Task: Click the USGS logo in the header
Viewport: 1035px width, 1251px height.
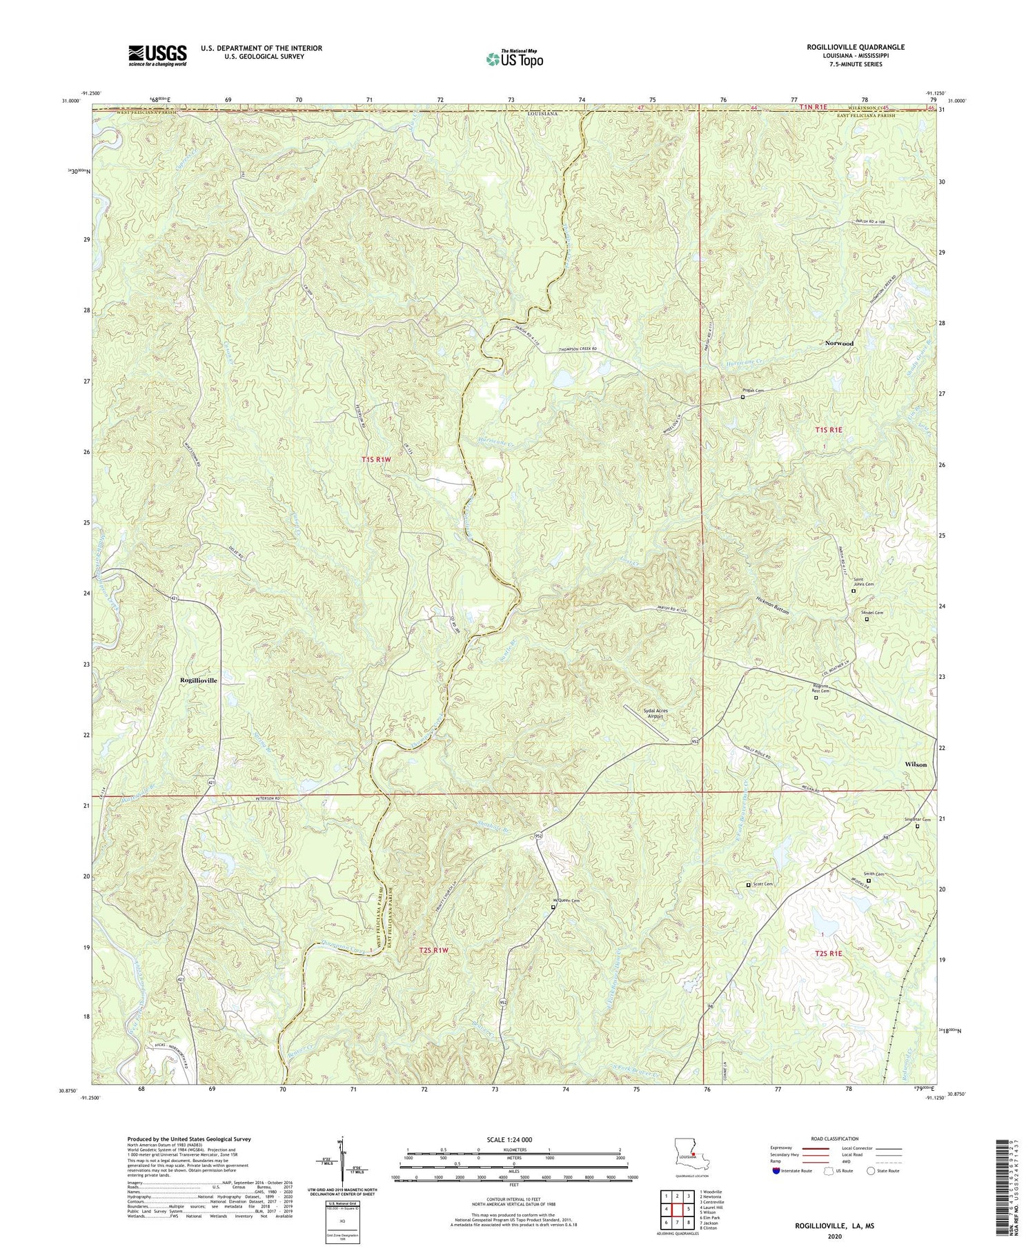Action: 157,55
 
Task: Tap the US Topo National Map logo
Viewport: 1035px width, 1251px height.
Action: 514,59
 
